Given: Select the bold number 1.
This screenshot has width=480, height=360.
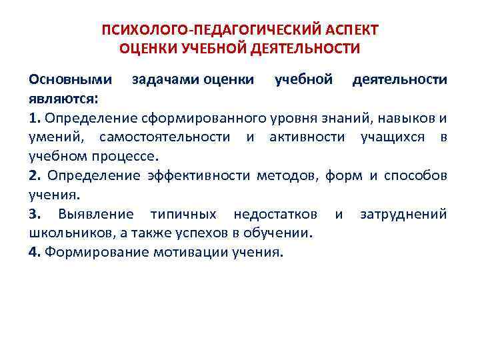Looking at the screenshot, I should point(34,119).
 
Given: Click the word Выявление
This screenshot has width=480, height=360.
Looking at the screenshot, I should point(96,214).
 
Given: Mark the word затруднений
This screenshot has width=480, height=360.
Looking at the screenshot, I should point(403,214).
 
